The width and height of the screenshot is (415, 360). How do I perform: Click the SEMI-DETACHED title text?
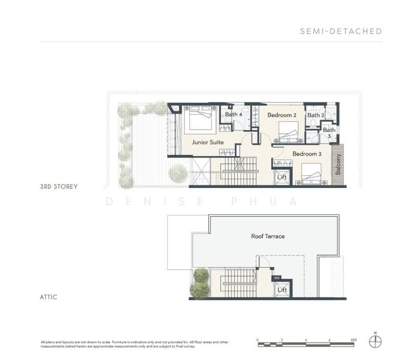point(341,31)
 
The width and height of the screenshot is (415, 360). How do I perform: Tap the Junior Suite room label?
point(208,142)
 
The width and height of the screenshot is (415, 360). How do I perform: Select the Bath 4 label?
point(234,115)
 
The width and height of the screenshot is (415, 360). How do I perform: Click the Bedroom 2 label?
point(282,115)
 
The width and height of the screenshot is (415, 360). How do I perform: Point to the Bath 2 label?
point(316,115)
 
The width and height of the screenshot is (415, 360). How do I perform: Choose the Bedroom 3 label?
point(307,154)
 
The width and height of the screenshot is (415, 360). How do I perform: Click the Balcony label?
point(339,165)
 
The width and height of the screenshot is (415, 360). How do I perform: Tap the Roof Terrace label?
point(268,236)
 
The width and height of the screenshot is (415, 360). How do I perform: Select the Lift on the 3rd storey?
point(282,177)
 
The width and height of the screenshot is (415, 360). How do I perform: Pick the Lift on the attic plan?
point(282,290)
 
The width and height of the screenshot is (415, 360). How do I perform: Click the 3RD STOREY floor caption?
point(59,187)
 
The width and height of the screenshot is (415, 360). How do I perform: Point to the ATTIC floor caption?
point(49,297)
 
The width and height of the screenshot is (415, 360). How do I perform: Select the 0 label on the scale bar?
point(258,340)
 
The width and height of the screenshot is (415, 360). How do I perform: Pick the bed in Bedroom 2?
point(289,130)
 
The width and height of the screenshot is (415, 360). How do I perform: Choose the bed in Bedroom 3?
point(310,172)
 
